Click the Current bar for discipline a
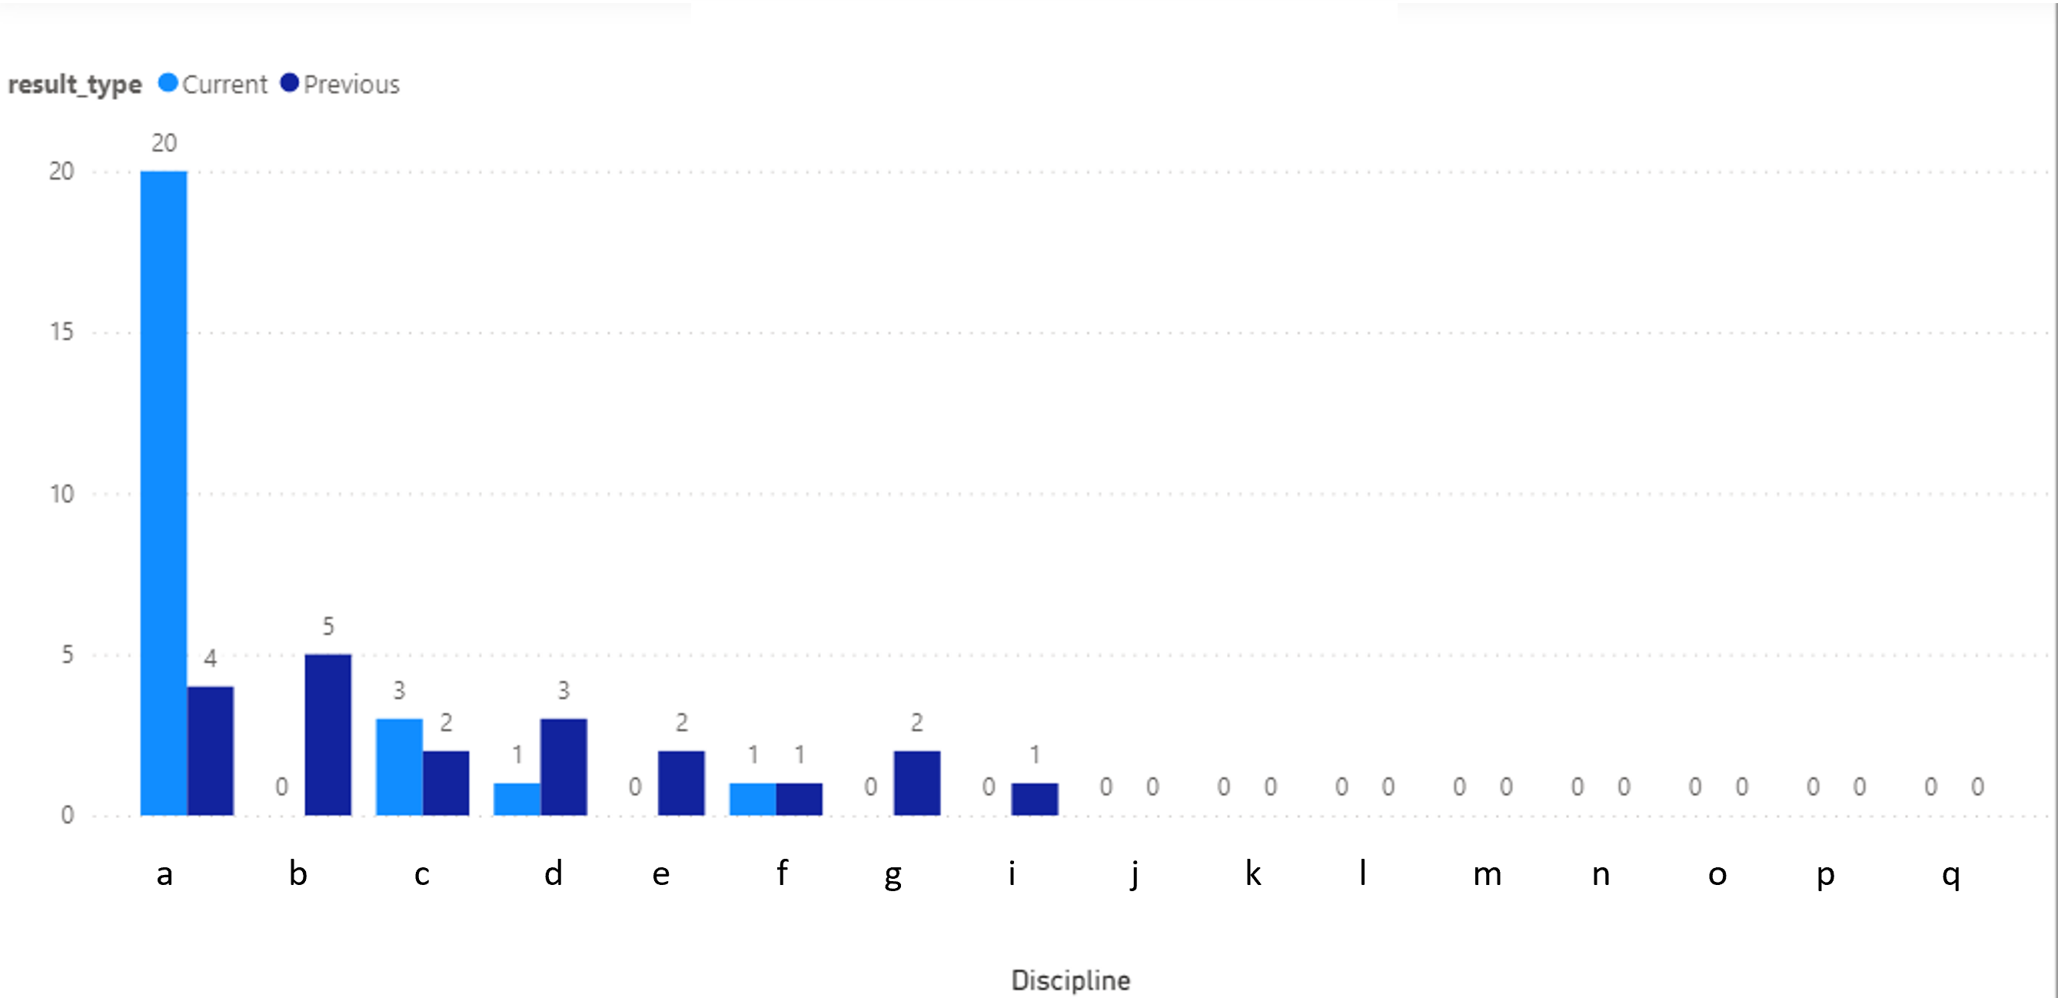coord(164,493)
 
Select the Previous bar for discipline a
coord(211,751)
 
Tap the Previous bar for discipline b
coord(328,735)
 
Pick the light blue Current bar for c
coord(400,767)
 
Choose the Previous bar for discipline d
coord(564,767)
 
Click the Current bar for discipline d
coord(517,799)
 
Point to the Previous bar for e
coord(681,783)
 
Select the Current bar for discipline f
coord(753,799)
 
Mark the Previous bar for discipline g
coord(917,783)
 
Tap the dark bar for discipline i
coord(1035,799)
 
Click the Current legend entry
coord(213,84)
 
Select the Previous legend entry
coord(341,84)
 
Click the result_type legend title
coord(75,85)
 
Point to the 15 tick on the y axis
coord(62,332)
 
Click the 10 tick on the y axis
coord(62,494)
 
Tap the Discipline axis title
coord(1071,980)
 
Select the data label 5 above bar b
coord(328,627)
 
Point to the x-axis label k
coord(1252,873)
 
